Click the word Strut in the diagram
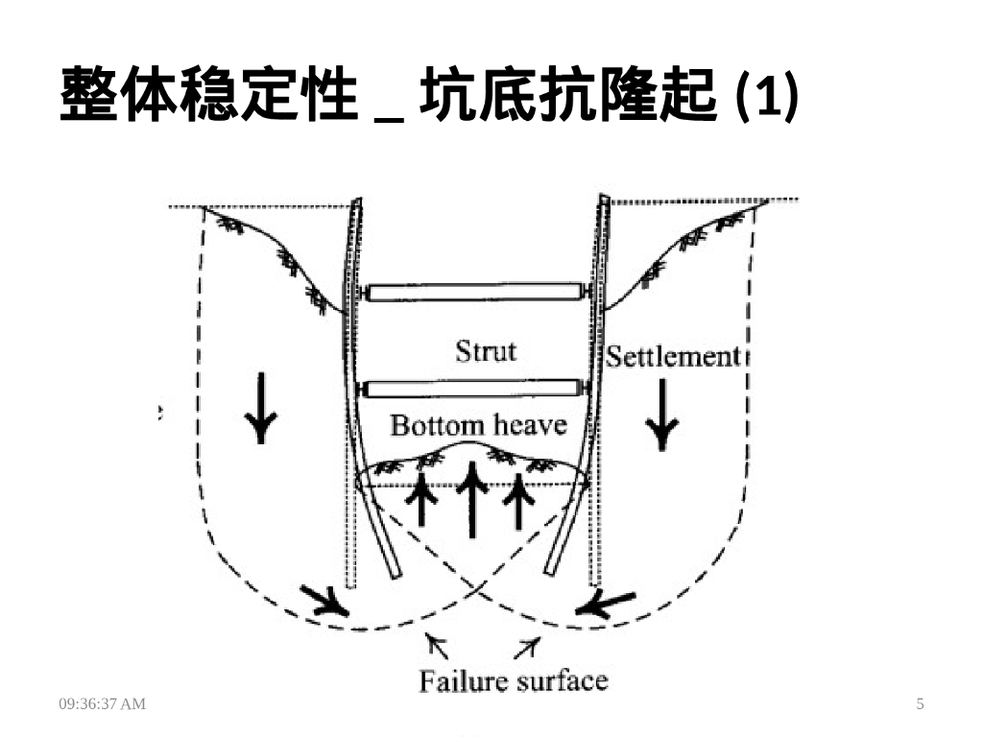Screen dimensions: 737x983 [x=486, y=350]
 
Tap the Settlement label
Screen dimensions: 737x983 [x=674, y=357]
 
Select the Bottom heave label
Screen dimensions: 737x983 [x=478, y=424]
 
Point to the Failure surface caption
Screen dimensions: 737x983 [x=514, y=681]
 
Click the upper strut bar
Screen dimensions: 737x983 [x=474, y=293]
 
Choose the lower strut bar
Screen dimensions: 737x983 [x=474, y=389]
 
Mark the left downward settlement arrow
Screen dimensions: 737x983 [x=260, y=409]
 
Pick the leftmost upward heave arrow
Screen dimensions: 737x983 [x=420, y=499]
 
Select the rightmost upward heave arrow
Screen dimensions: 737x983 [x=518, y=499]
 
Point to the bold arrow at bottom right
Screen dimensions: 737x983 [x=605, y=604]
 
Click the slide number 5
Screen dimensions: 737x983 [x=921, y=704]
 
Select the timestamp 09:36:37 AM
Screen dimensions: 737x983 [x=103, y=704]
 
